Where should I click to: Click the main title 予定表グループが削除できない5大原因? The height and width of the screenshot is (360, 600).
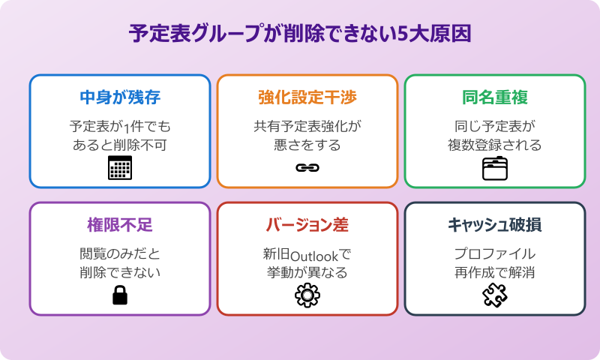(x=300, y=34)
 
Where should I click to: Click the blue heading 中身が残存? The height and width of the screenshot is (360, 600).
(x=120, y=97)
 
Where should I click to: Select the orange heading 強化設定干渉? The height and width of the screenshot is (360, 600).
(x=307, y=97)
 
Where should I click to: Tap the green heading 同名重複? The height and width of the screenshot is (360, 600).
(x=495, y=97)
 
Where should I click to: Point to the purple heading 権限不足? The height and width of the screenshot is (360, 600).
(x=120, y=225)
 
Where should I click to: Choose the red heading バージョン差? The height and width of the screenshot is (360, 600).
(x=307, y=225)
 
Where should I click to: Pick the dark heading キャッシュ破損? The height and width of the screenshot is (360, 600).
(x=495, y=225)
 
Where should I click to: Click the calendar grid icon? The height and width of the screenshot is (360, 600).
(x=120, y=169)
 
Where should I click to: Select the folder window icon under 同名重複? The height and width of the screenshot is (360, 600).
(x=495, y=169)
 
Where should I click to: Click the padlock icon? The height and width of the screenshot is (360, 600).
(x=120, y=296)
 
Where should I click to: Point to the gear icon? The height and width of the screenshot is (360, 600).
(x=307, y=296)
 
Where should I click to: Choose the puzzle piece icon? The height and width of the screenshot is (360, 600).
(x=495, y=296)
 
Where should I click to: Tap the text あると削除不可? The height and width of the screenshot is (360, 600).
(x=120, y=144)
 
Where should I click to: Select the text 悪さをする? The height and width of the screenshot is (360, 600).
(x=307, y=144)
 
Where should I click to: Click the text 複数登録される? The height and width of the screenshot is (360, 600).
(x=495, y=144)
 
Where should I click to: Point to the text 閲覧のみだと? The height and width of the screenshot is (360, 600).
(x=120, y=253)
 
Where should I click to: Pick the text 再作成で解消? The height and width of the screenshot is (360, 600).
(x=495, y=272)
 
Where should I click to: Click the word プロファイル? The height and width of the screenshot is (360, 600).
(x=495, y=253)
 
